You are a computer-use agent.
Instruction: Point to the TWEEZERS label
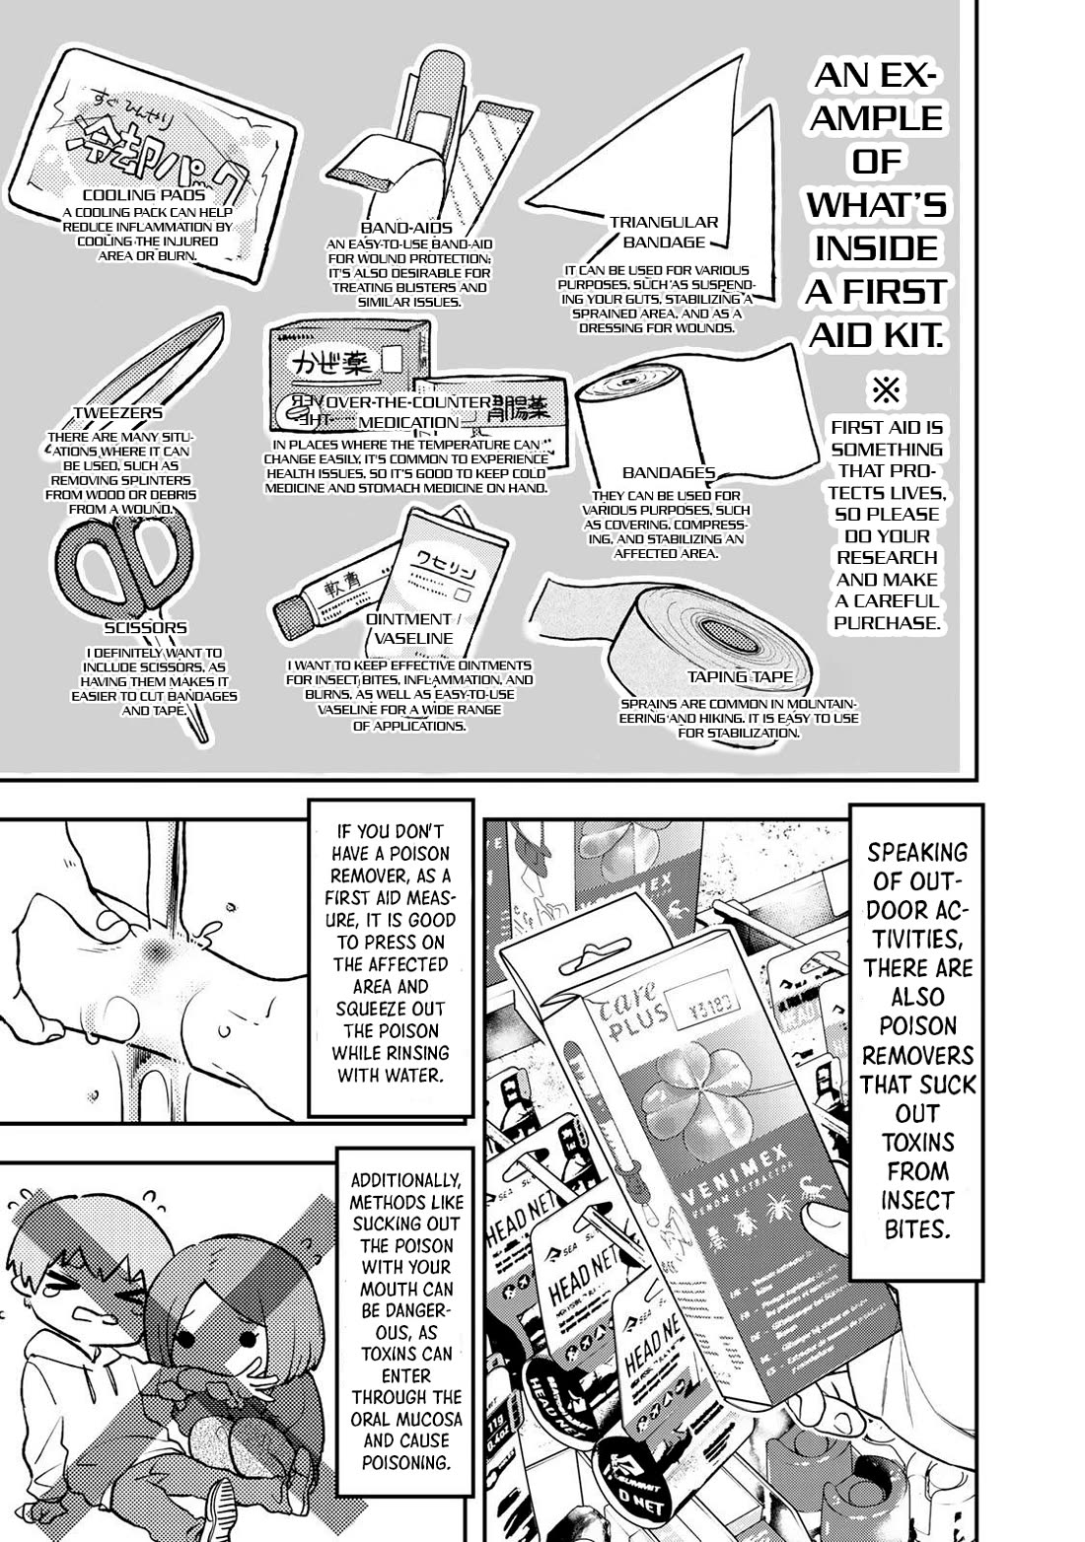click(x=118, y=413)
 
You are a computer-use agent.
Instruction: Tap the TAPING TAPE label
click(x=740, y=677)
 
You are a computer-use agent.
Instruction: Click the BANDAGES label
click(x=669, y=473)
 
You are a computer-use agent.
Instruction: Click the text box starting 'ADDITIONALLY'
click(x=405, y=1331)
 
